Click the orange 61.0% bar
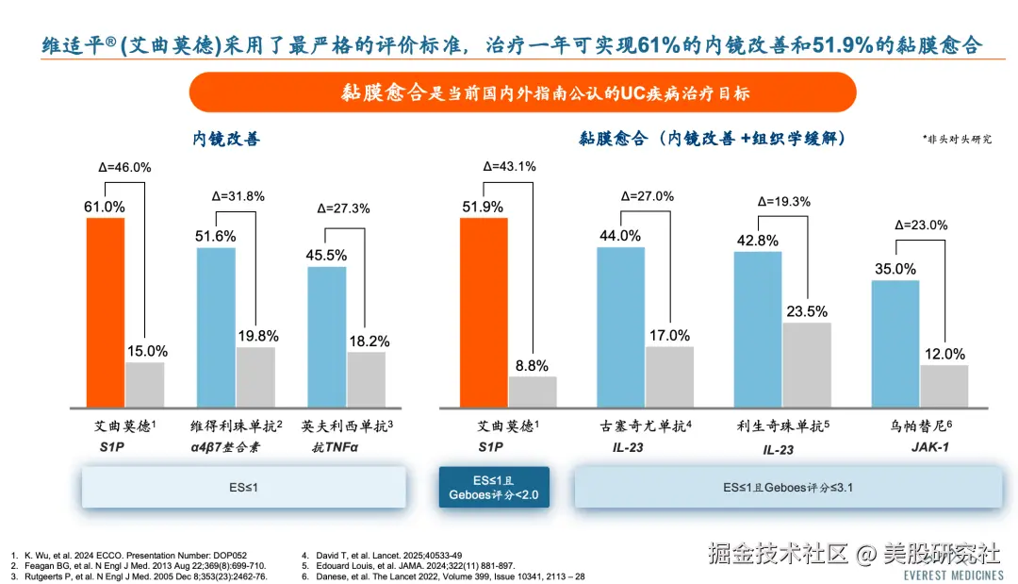click(106, 311)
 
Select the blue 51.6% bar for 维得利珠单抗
click(216, 326)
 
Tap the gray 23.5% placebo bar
click(807, 364)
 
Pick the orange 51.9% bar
click(484, 311)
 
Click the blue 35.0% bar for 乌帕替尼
click(895, 342)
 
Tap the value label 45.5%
click(327, 255)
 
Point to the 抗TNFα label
click(336, 447)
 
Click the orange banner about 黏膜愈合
click(522, 92)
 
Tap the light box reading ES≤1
click(244, 487)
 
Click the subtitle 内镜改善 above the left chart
click(226, 139)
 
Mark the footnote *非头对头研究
click(957, 139)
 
